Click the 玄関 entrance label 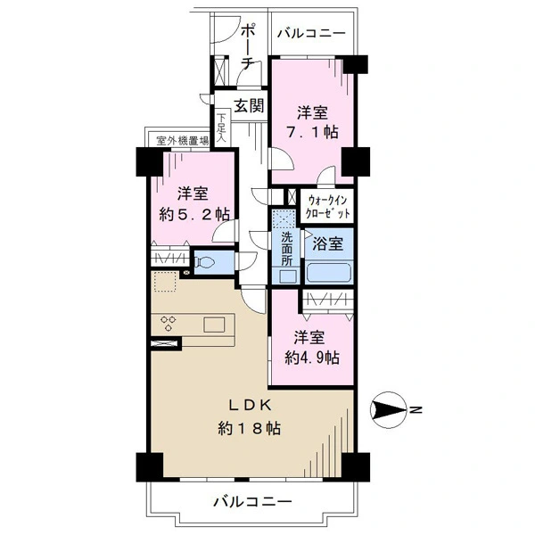(x=250, y=106)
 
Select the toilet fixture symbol (x=205, y=262)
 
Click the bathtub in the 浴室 (x=329, y=272)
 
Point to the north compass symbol (x=388, y=409)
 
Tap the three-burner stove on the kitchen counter (x=169, y=324)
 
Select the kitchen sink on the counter (x=214, y=325)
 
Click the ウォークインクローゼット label (x=327, y=207)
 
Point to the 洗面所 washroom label (x=287, y=249)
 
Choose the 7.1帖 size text (x=313, y=132)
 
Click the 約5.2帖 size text (x=194, y=215)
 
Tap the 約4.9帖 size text (x=312, y=358)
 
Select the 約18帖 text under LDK (x=250, y=428)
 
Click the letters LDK (x=250, y=406)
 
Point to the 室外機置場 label (x=183, y=141)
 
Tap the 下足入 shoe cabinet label (x=222, y=128)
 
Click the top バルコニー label (x=311, y=34)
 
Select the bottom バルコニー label (x=253, y=501)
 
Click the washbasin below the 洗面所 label (x=286, y=276)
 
